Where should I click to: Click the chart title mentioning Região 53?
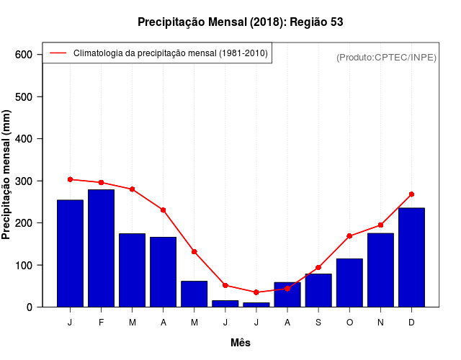240,22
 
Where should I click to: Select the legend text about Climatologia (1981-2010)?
171,53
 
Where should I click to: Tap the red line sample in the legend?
58,53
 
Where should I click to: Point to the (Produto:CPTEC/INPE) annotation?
386,57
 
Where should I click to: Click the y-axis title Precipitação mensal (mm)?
7,175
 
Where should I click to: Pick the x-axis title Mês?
241,343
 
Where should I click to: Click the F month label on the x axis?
102,323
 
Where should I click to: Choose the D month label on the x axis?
411,323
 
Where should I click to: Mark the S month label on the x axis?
318,323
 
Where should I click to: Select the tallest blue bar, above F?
102,248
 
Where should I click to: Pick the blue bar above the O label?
349,282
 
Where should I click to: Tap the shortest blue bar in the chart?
256,305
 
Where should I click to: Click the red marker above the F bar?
102,183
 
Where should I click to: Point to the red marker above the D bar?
411,194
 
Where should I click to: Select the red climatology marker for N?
380,225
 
